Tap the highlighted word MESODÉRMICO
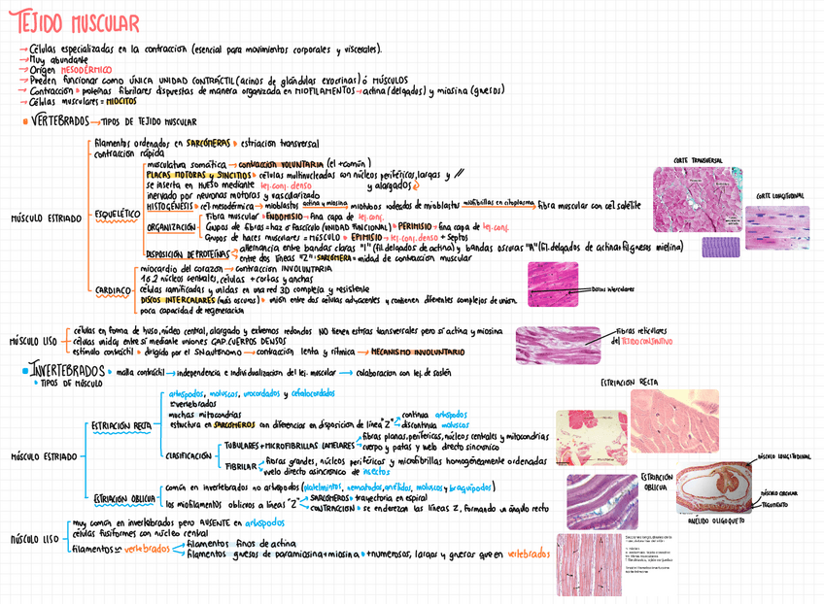(x=86, y=70)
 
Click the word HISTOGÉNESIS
(x=170, y=205)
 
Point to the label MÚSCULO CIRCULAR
(x=782, y=492)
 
